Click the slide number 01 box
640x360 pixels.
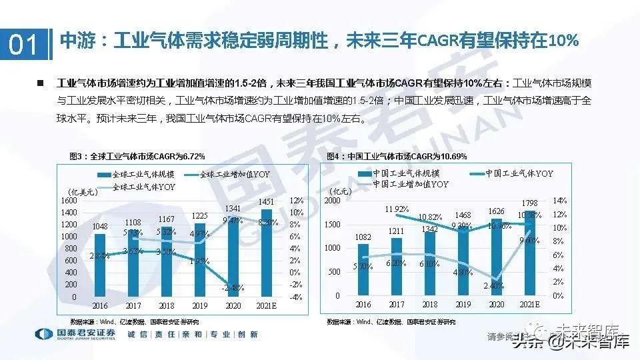(x=25, y=45)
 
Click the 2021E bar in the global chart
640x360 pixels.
(x=267, y=253)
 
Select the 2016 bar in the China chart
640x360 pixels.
(x=363, y=270)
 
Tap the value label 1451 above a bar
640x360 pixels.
(x=267, y=202)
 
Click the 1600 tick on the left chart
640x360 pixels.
(x=68, y=200)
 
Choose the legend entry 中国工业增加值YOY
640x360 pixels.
(x=411, y=183)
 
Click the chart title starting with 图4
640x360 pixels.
(x=397, y=156)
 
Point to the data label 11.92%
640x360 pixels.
(x=397, y=209)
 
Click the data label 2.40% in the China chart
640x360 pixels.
(x=493, y=286)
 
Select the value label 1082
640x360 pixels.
(x=364, y=237)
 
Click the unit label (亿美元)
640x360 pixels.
(x=83, y=192)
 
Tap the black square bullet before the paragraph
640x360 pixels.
(x=40, y=83)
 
